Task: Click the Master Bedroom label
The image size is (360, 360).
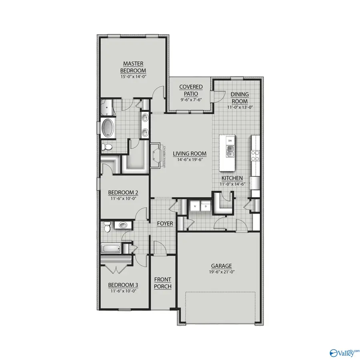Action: point(133,66)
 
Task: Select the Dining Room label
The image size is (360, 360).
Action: point(240,98)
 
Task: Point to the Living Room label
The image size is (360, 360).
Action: point(190,154)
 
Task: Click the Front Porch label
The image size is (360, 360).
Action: point(163,283)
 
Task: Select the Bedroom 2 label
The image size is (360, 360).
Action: point(123,192)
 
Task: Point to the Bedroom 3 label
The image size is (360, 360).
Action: point(123,285)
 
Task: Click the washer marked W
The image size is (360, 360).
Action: point(195,207)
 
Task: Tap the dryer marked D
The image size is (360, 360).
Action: point(206,207)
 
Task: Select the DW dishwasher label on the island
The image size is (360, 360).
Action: point(230,141)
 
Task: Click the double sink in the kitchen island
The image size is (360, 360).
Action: point(230,151)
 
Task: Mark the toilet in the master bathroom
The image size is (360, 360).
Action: point(106,148)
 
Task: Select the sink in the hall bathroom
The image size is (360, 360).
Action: point(123,226)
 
